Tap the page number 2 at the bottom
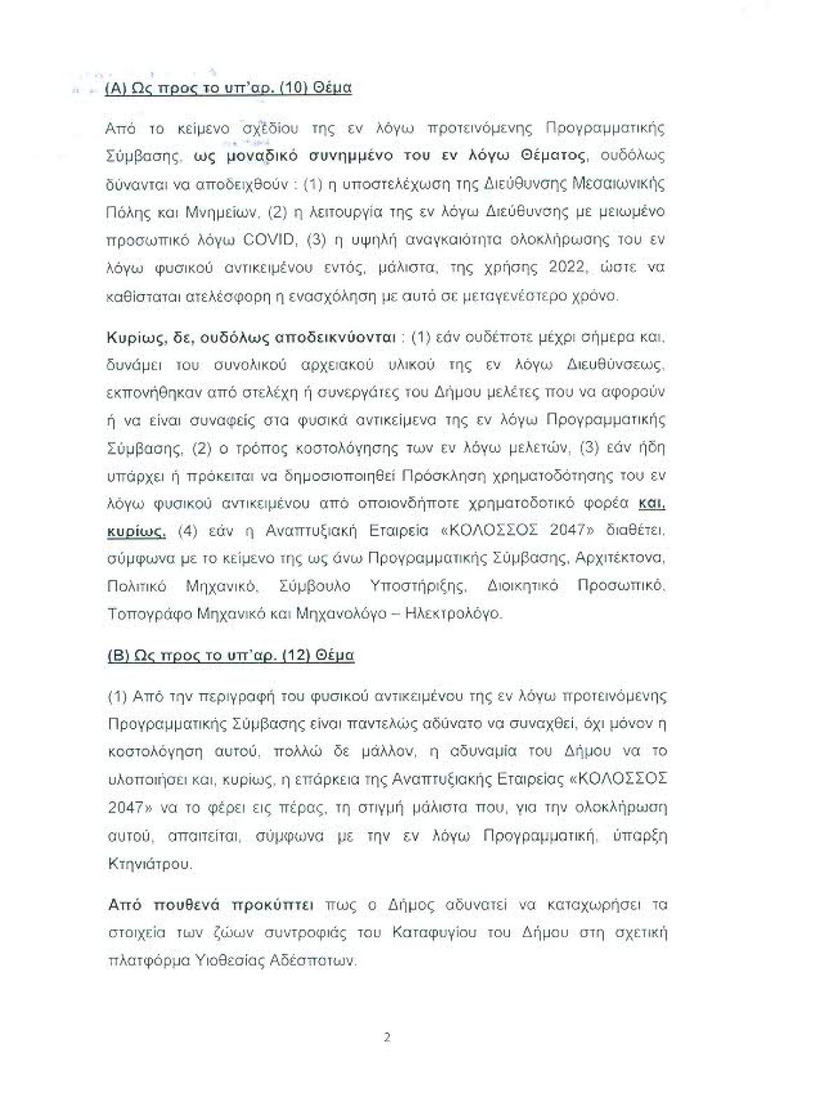coord(386,1037)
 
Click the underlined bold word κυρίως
coord(136,531)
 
